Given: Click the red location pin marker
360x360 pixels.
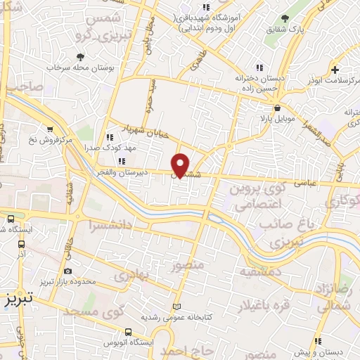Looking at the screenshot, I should pos(181,165).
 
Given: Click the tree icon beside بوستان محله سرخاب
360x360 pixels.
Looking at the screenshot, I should pos(83,56).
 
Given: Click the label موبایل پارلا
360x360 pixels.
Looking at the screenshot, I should pos(278,120).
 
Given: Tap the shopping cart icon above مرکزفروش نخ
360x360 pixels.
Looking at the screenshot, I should pos(49,129).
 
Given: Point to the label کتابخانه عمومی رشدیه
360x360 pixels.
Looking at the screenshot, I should pos(177,316).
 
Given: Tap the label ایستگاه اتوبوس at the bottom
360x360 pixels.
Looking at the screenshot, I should pos(129,342).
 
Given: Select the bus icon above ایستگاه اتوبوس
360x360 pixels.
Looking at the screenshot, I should pos(129,332).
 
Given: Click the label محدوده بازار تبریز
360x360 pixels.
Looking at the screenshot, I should pos(67,281).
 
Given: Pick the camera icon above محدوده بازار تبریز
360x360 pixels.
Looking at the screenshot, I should pos(67,271).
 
